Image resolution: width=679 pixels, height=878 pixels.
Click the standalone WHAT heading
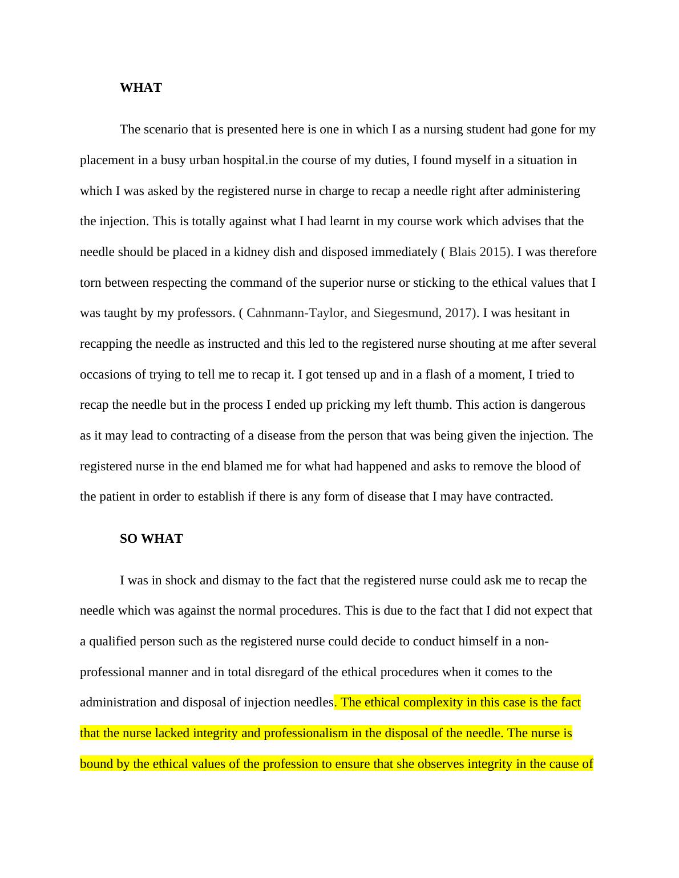pos(141,88)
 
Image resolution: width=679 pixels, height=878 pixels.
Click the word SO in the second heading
pos(128,539)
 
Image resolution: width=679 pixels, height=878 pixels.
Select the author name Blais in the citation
pos(462,252)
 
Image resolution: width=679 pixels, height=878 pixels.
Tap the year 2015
pos(492,252)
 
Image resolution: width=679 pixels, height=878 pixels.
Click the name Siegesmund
pos(406,313)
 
